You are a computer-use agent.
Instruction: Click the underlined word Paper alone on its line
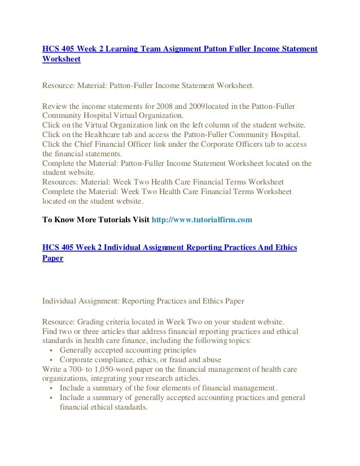click(52, 258)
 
